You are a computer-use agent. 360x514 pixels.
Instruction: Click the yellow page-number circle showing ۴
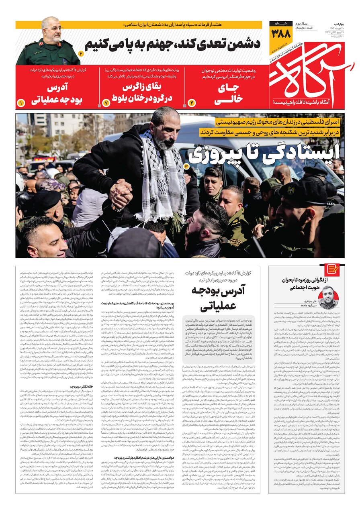click(192, 103)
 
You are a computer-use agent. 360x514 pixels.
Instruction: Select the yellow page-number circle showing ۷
click(106, 103)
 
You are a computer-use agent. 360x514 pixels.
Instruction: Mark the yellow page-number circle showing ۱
click(21, 103)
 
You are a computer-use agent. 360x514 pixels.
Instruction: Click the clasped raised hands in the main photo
click(120, 194)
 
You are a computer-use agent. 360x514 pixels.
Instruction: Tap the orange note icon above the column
click(332, 269)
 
